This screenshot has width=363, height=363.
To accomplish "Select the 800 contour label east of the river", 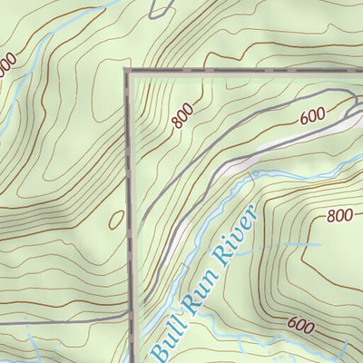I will (339, 216).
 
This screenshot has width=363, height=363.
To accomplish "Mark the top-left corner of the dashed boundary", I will (128, 71).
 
